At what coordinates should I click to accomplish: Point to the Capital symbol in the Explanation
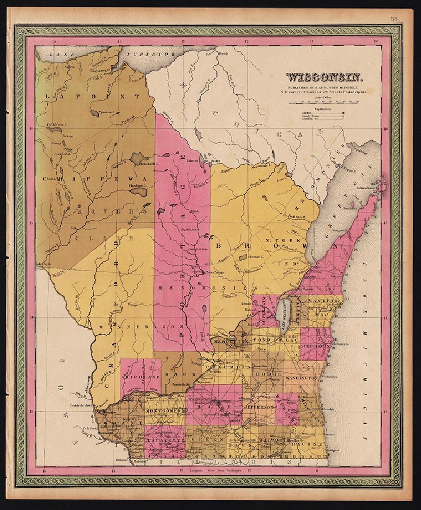(x=343, y=112)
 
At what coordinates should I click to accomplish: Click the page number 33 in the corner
(x=395, y=19)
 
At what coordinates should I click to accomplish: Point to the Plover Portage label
(x=214, y=272)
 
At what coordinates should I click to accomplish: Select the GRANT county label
(x=120, y=423)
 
